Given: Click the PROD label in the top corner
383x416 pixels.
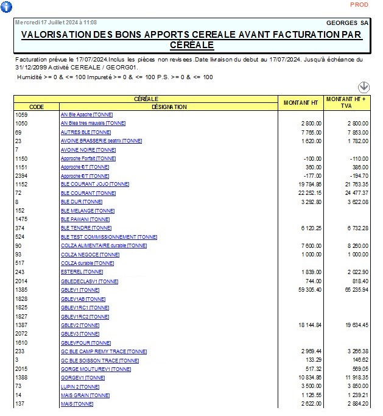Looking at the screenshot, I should [x=359, y=4].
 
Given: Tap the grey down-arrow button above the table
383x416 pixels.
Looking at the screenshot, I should [x=364, y=87].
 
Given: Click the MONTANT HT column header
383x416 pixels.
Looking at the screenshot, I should [x=301, y=102].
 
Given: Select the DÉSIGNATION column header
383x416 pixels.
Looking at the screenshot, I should [x=169, y=107].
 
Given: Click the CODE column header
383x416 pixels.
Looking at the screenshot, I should [x=37, y=107].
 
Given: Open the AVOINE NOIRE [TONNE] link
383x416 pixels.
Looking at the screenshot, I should [x=88, y=150].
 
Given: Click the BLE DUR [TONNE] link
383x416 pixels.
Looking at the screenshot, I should [x=82, y=202].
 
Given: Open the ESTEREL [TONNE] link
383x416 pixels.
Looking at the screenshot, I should [x=82, y=272].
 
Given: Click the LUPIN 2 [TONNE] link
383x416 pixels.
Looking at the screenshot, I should [x=80, y=387].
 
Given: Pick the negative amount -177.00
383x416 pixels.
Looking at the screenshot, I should [x=311, y=175].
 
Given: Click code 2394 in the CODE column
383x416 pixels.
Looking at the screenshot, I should [x=21, y=175].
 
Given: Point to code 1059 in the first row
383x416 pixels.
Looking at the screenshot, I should [x=21, y=115].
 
